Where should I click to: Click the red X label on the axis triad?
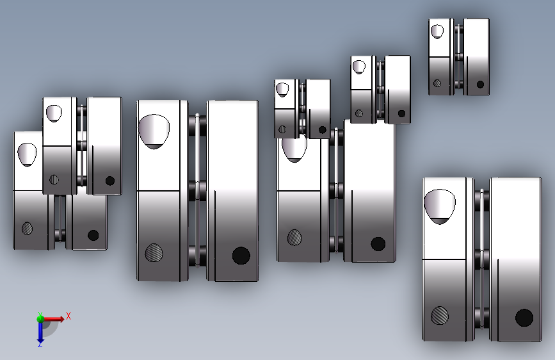(x=68, y=316)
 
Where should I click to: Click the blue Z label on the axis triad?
(x=40, y=344)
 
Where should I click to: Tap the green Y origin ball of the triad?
(x=40, y=319)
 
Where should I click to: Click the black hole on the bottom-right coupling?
(x=524, y=318)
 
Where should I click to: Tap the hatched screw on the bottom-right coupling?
(x=440, y=315)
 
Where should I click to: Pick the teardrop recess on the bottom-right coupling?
(x=440, y=206)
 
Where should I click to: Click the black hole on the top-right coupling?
(x=480, y=85)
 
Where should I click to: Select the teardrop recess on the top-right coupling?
(x=437, y=31)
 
